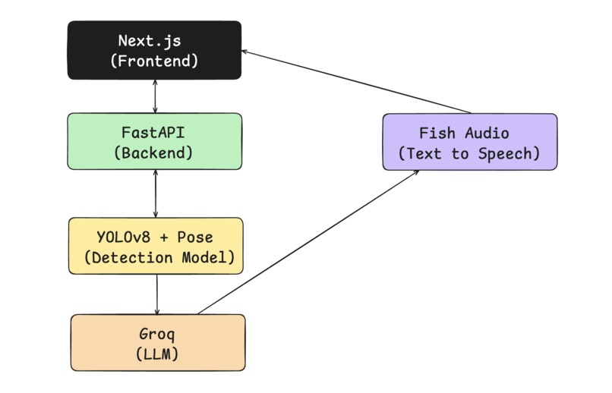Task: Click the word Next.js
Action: (153, 41)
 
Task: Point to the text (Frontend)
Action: (154, 61)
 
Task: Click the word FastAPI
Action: (153, 132)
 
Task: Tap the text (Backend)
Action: (153, 152)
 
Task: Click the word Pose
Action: (194, 237)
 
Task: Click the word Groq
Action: (157, 333)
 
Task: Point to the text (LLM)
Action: (157, 353)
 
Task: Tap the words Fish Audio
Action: (464, 134)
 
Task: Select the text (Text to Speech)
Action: (469, 153)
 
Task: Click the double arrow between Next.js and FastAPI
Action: (156, 96)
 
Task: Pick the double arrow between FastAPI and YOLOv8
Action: (156, 193)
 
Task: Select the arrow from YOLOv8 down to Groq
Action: (157, 294)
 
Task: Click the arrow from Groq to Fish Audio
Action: (308, 242)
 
